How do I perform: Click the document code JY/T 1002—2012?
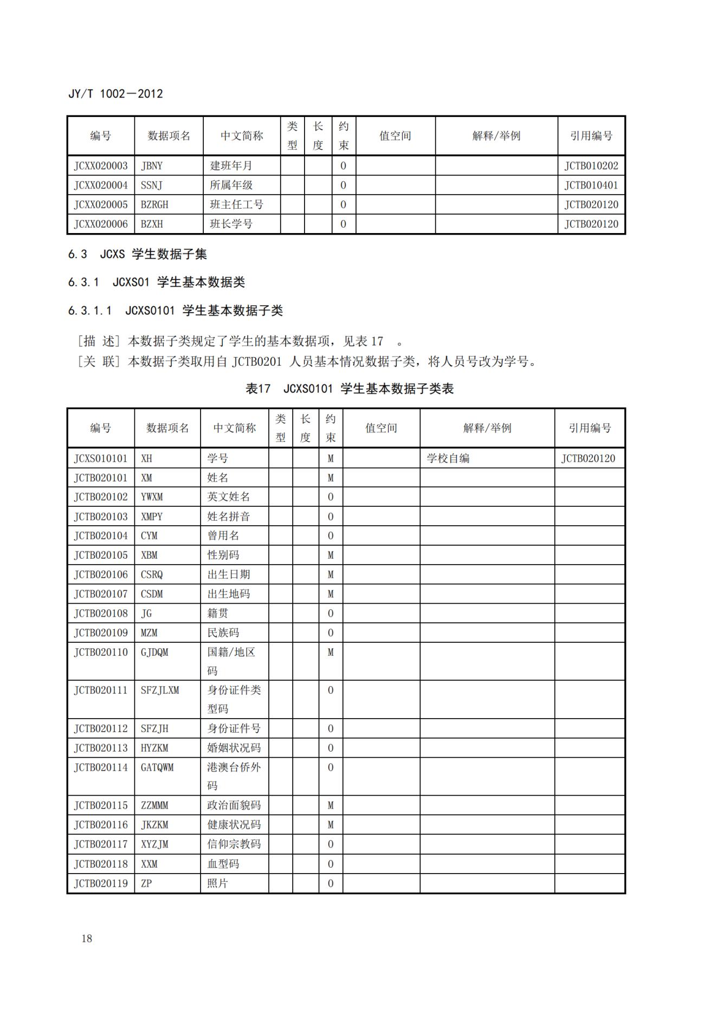115,94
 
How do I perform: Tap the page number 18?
87,939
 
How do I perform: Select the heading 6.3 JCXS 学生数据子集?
138,254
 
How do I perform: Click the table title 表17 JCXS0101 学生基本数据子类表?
350,389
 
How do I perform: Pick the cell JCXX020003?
101,166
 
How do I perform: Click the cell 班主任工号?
236,205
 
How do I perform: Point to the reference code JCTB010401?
591,185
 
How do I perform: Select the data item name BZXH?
152,224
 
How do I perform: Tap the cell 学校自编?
448,458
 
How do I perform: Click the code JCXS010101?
101,458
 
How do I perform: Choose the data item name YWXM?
152,497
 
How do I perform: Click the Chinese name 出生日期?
229,574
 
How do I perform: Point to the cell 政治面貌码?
234,805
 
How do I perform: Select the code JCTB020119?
101,883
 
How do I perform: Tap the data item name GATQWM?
157,767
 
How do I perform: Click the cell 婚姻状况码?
234,748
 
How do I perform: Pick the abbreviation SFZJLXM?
160,690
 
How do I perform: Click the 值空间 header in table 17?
381,428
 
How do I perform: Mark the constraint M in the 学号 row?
331,458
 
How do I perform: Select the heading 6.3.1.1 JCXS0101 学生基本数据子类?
176,311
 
